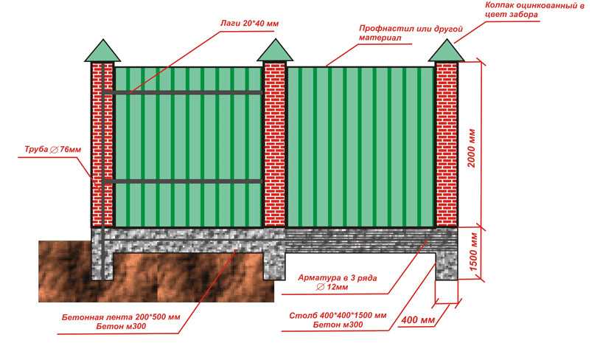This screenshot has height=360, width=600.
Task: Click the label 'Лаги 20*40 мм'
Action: [x=249, y=24]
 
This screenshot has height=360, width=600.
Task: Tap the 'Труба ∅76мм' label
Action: [x=53, y=149]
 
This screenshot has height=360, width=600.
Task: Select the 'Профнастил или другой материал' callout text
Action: [x=411, y=33]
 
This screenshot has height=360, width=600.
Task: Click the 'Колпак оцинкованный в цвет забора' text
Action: [x=534, y=10]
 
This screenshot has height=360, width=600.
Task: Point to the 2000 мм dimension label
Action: [x=472, y=148]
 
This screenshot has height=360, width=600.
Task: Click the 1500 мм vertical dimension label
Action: [x=473, y=252]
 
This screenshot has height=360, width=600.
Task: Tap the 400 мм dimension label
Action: [x=418, y=319]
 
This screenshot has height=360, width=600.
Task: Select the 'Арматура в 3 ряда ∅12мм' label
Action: [x=337, y=283]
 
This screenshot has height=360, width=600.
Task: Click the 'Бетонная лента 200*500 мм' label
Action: [x=121, y=317]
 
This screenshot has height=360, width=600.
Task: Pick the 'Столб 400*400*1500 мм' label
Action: [x=338, y=316]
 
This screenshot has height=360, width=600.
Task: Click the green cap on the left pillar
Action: [x=102, y=51]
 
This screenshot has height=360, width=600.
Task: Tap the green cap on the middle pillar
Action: [x=275, y=50]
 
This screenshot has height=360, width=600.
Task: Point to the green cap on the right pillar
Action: [x=446, y=50]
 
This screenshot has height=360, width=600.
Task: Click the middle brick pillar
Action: [x=275, y=145]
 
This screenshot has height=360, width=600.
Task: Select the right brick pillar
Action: [x=446, y=145]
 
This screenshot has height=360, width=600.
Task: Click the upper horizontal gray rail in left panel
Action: [x=184, y=92]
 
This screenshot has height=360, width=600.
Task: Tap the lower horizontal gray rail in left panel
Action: [x=184, y=181]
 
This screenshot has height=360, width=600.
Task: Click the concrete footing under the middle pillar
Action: [x=275, y=266]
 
